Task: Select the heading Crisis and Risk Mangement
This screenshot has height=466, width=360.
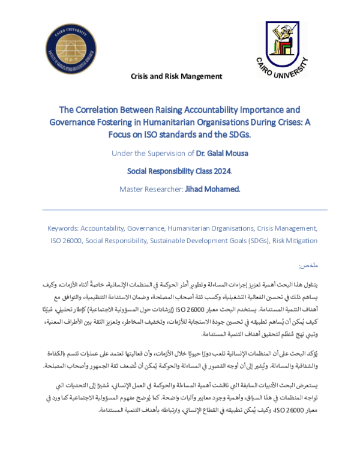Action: point(176,76)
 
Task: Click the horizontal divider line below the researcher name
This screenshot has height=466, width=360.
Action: point(180,210)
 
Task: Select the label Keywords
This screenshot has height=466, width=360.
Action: point(64,229)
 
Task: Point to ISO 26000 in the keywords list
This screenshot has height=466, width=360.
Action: point(61,240)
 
